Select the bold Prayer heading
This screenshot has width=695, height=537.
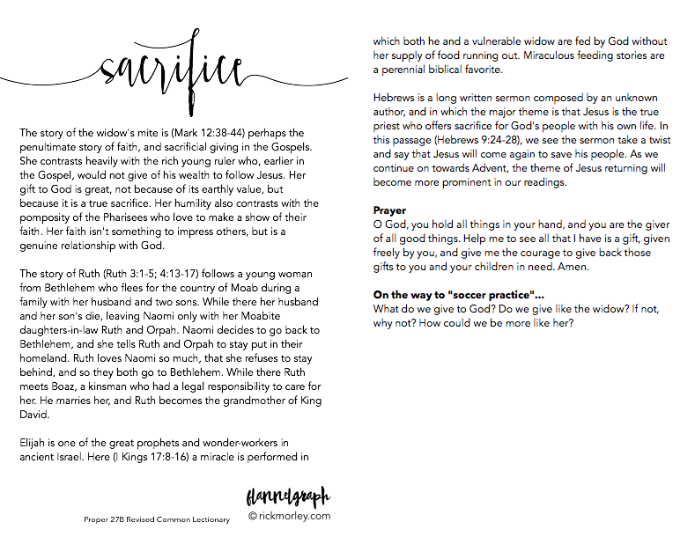click(390, 210)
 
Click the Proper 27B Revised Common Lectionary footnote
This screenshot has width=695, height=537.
click(157, 519)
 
